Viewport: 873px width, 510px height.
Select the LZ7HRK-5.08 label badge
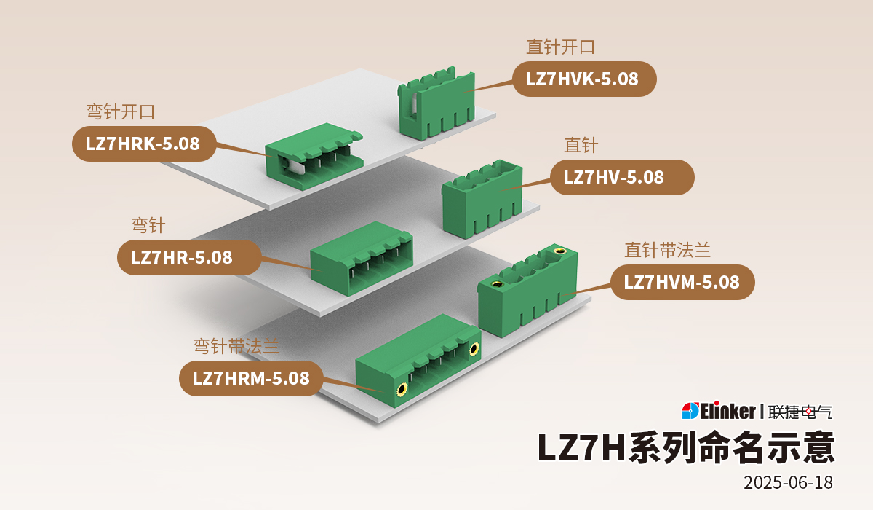tap(143, 144)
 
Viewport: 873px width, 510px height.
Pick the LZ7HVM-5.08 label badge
tap(681, 282)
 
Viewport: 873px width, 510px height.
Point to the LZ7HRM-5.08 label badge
tap(250, 378)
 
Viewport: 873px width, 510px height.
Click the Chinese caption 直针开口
tap(560, 47)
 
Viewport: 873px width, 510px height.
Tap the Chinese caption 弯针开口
tap(121, 112)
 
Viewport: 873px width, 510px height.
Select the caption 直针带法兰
tap(667, 251)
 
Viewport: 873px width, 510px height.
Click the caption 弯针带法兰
tap(236, 346)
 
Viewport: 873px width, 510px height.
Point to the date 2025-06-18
tap(788, 482)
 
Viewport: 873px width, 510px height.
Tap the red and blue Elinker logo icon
tap(690, 411)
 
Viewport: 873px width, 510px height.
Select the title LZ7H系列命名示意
tap(685, 447)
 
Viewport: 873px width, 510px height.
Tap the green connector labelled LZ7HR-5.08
tap(361, 258)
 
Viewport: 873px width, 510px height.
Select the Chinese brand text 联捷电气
tap(800, 412)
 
